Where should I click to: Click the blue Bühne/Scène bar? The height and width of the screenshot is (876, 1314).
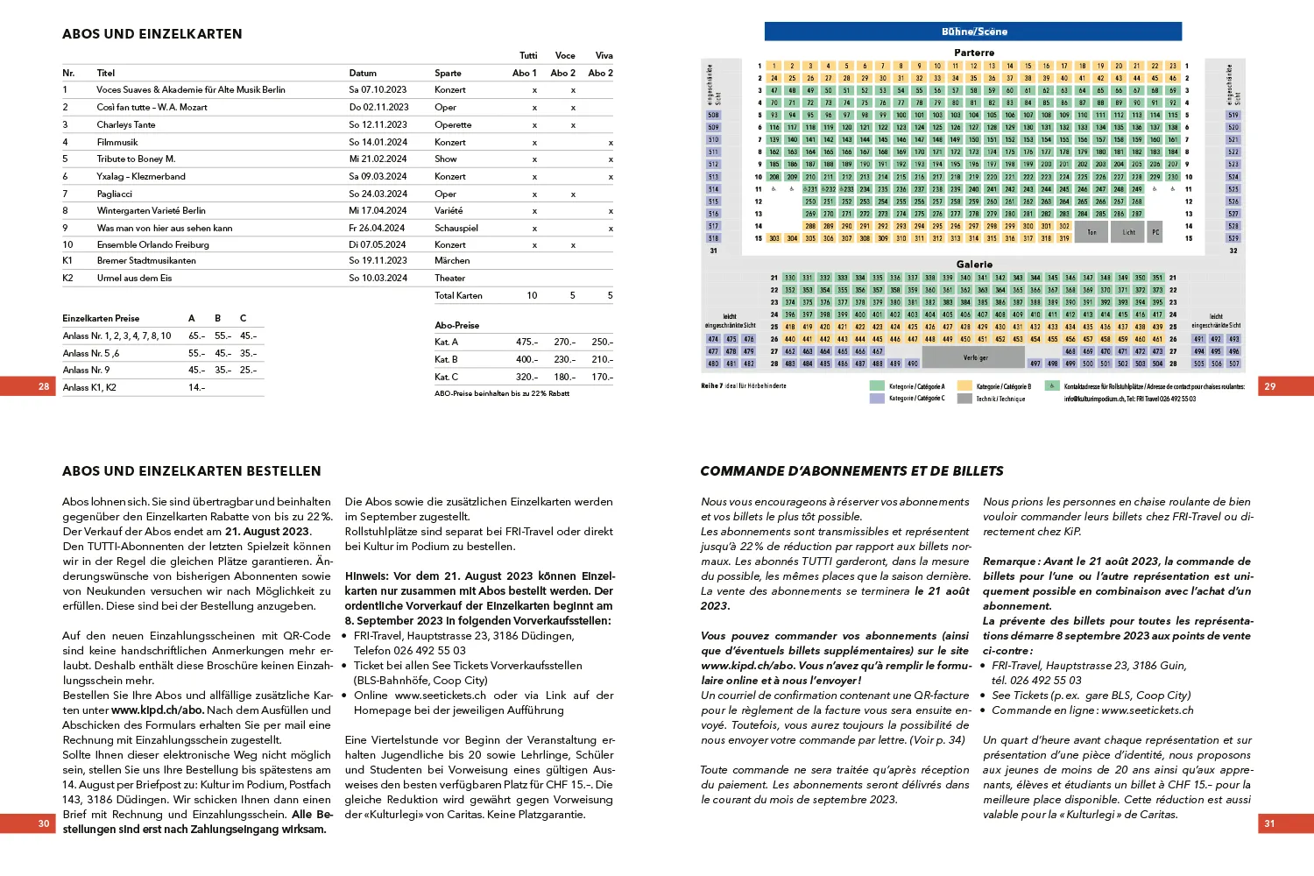(x=973, y=32)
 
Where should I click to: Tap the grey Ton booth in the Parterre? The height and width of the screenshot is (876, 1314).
(x=1091, y=232)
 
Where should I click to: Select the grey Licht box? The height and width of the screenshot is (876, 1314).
(x=1128, y=232)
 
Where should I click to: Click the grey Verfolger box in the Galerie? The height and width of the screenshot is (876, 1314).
(x=975, y=357)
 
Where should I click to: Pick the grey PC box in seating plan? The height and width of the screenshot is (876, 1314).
(x=1155, y=232)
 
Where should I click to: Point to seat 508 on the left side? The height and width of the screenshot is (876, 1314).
(x=713, y=115)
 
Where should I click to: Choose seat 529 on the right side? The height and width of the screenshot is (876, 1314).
(x=1233, y=238)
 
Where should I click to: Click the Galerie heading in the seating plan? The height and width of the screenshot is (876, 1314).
(x=974, y=265)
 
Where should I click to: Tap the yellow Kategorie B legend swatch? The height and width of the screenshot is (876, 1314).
(x=964, y=386)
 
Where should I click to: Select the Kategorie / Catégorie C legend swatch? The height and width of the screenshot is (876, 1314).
(x=877, y=399)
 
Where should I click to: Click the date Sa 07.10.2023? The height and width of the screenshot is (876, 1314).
(x=378, y=90)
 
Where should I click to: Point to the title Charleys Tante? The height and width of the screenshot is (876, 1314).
(x=125, y=124)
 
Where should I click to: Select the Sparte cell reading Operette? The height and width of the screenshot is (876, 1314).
(x=453, y=124)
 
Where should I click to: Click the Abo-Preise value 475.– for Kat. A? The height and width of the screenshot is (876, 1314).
(x=526, y=343)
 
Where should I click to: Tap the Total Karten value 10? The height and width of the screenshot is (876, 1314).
(x=532, y=296)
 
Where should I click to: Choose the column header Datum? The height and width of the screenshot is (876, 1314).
(x=363, y=74)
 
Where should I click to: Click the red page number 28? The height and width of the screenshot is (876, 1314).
(x=44, y=386)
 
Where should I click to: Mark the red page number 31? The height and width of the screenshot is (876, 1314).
(x=1269, y=823)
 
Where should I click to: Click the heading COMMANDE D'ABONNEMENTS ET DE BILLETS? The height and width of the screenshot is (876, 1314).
(x=851, y=471)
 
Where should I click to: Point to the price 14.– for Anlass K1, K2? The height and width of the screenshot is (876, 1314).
(x=196, y=387)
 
